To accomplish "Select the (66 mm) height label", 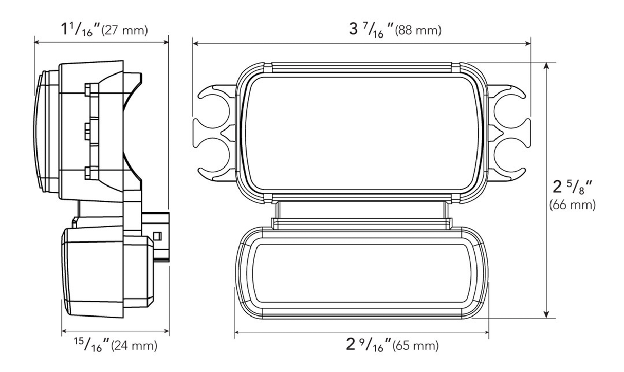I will point(572,206).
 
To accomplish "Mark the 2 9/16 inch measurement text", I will point(368,345).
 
